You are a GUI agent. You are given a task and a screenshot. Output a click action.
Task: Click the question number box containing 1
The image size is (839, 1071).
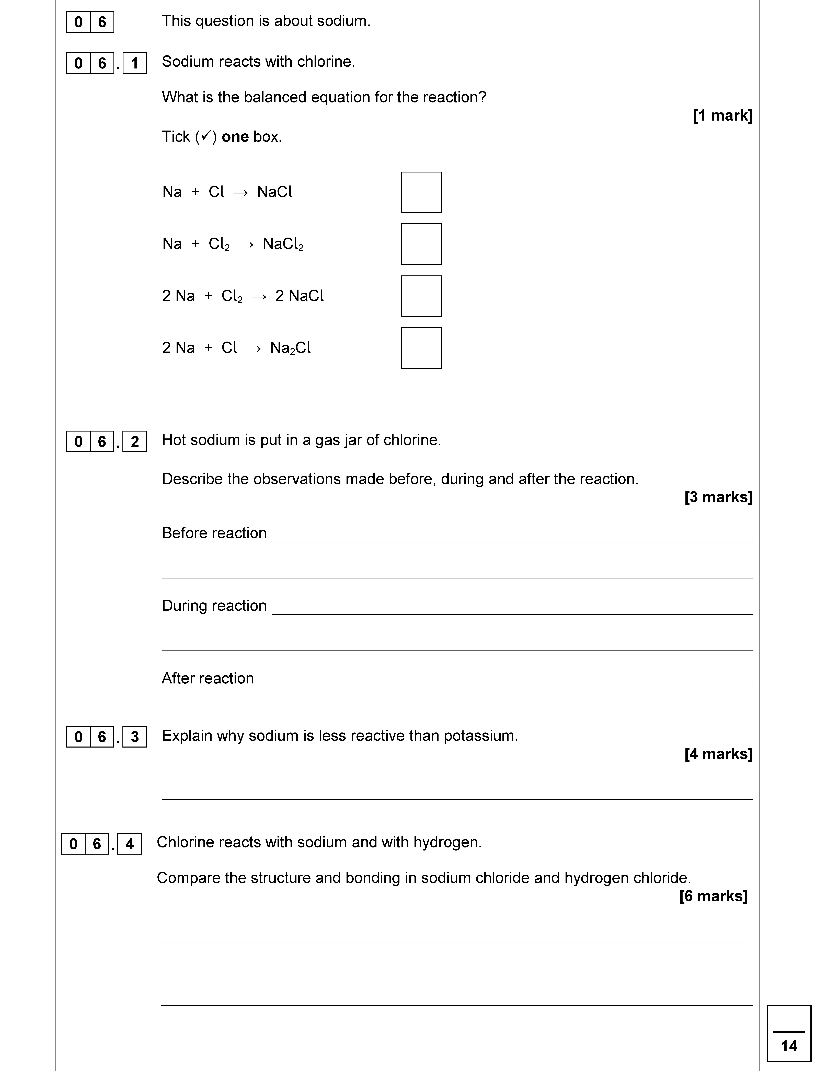coord(135,63)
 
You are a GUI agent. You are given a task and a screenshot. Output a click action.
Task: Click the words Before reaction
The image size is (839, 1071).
coord(214,533)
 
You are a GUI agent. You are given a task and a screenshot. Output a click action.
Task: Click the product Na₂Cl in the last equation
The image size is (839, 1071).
coord(290,348)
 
